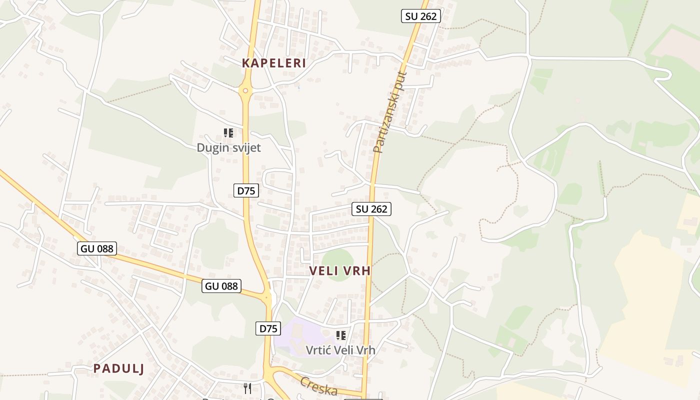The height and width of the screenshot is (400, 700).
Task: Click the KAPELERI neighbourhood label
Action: click(x=273, y=63)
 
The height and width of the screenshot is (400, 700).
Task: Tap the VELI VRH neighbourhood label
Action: click(x=340, y=271)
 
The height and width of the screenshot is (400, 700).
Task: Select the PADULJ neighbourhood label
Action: click(x=118, y=369)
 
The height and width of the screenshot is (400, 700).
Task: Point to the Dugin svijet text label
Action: click(x=228, y=148)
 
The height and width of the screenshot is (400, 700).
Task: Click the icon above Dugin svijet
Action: click(x=228, y=133)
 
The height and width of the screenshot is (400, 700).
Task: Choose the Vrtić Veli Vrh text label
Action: click(x=340, y=350)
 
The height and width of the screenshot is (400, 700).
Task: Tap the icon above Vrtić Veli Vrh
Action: click(x=340, y=335)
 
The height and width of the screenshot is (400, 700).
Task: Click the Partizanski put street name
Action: click(x=390, y=112)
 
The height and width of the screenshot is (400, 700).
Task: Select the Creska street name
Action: click(x=318, y=385)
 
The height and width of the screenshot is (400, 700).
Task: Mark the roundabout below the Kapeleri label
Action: click(x=245, y=90)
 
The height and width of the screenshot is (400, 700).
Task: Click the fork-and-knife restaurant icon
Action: click(x=247, y=388)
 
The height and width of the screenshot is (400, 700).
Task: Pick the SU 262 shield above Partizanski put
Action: click(x=420, y=16)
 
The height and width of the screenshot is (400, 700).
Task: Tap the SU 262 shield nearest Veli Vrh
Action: click(x=371, y=209)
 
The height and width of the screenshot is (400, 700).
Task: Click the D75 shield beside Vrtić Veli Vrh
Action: click(x=268, y=328)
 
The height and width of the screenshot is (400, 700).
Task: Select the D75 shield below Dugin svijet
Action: click(x=246, y=190)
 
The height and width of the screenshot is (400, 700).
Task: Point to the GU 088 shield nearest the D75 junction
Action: click(x=222, y=286)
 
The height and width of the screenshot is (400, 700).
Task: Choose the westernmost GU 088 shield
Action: click(x=97, y=248)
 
